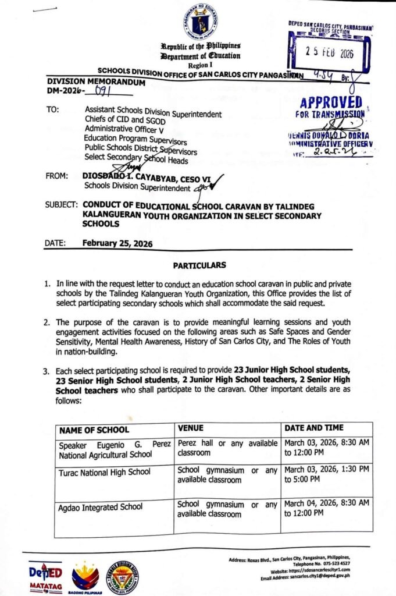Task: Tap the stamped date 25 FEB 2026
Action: tap(330, 51)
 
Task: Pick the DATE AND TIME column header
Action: tap(314, 427)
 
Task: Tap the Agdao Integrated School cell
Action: tap(101, 507)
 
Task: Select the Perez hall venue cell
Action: tap(227, 448)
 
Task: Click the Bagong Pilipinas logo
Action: tap(85, 577)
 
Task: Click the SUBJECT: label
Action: tap(60, 205)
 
